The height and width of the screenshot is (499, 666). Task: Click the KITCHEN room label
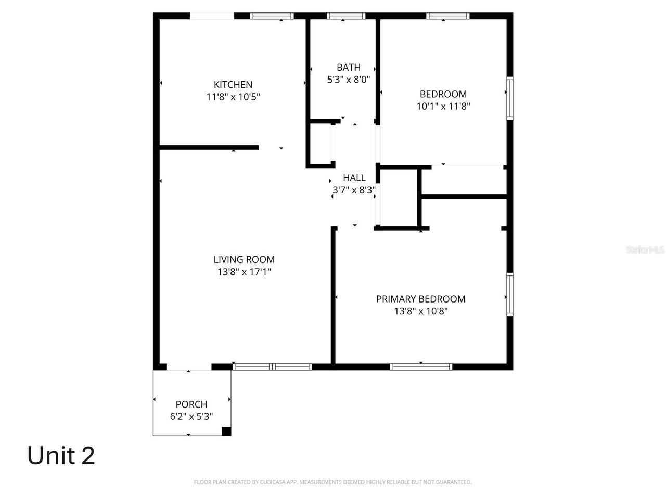(x=233, y=84)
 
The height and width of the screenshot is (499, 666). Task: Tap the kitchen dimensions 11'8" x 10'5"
(x=233, y=97)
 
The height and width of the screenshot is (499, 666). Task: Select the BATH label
(x=349, y=67)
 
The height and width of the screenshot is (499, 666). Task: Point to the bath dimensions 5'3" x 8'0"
(x=349, y=80)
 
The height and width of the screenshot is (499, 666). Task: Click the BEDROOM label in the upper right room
(x=443, y=94)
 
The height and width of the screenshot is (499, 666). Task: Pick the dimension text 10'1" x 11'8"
(x=443, y=107)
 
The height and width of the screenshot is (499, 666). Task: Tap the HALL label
(x=354, y=178)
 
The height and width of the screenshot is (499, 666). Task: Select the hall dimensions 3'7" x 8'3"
(x=354, y=190)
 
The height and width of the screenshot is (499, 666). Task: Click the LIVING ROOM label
(x=244, y=259)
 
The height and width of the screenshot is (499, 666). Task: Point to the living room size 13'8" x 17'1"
(x=244, y=272)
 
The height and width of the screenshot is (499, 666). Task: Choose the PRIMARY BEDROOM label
(x=421, y=299)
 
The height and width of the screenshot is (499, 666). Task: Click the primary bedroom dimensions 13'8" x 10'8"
(x=421, y=311)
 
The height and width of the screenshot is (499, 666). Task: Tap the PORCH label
(x=191, y=404)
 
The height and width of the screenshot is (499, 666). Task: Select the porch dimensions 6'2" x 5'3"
(x=191, y=416)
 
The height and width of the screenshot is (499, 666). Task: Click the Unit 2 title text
(x=61, y=455)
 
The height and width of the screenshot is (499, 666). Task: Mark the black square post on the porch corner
(x=226, y=431)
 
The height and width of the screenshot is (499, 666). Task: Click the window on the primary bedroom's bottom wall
(x=421, y=366)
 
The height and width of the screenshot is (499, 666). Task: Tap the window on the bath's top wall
(x=346, y=16)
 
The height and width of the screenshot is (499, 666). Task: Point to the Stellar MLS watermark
(x=645, y=249)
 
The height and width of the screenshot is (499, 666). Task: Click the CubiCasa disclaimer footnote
(x=333, y=482)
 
